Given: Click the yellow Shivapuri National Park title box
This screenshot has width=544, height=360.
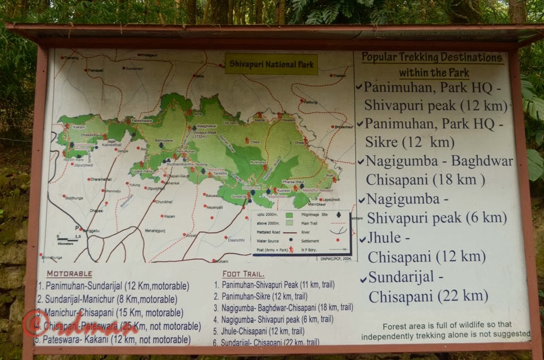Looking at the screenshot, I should pos(271,64).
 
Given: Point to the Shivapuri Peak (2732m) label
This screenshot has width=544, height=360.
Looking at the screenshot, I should pos(200,132).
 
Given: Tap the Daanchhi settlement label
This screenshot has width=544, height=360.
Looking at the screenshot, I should pos(236,240).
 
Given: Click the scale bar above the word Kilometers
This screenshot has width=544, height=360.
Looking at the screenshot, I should pos(67,240).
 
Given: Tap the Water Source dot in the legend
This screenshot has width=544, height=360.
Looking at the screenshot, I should pos(291,239).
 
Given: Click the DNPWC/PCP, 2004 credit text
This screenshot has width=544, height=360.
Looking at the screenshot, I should pos(335,259).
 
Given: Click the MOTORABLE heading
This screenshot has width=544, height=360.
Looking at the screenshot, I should pos(69,274).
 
